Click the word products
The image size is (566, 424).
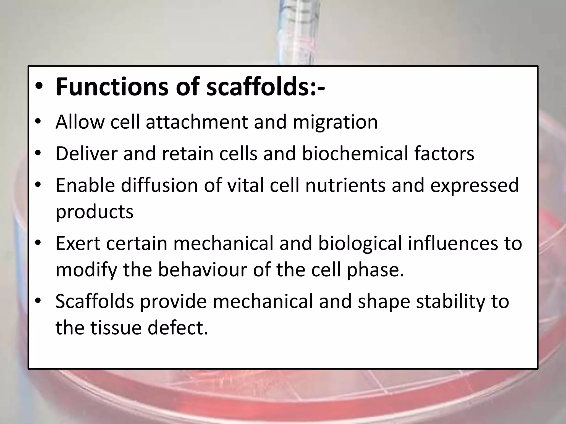(95, 212)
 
